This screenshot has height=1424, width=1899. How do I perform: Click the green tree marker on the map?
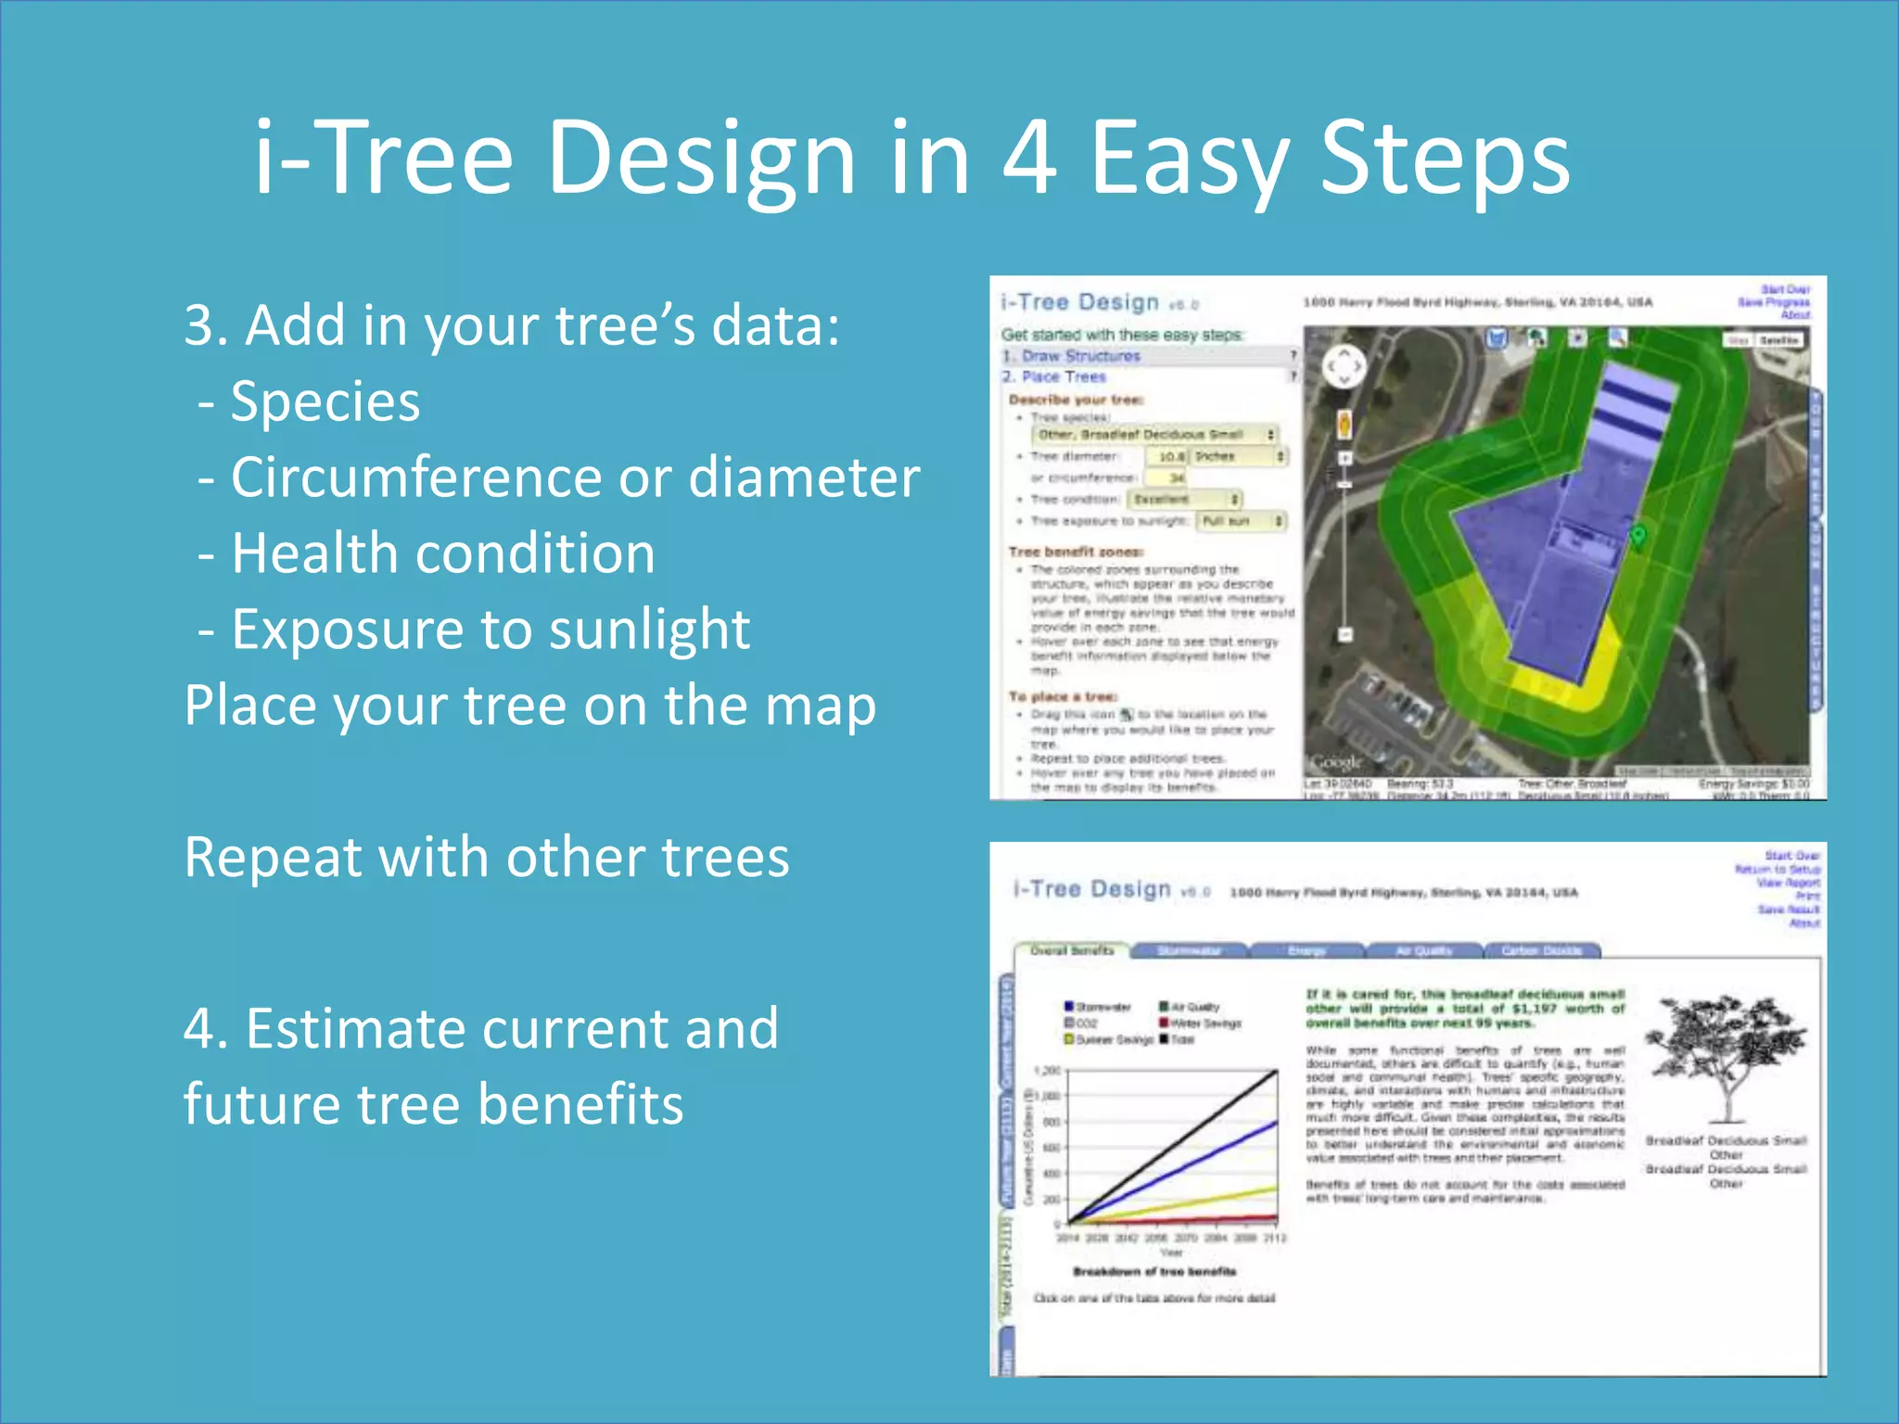point(1638,536)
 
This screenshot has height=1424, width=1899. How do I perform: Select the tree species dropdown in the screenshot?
point(1154,435)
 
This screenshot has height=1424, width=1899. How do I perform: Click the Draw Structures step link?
point(1080,356)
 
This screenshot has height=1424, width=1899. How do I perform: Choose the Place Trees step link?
point(1064,377)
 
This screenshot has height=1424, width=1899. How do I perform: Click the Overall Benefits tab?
point(1072,950)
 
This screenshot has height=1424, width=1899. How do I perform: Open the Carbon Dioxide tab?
point(1541,950)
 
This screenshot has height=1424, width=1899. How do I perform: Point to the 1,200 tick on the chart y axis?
point(1047,1071)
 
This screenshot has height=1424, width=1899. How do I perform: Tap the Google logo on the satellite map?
point(1335,762)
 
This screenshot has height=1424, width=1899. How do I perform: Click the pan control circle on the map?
point(1344,367)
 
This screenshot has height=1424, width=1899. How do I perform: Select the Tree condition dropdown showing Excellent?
point(1184,500)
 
